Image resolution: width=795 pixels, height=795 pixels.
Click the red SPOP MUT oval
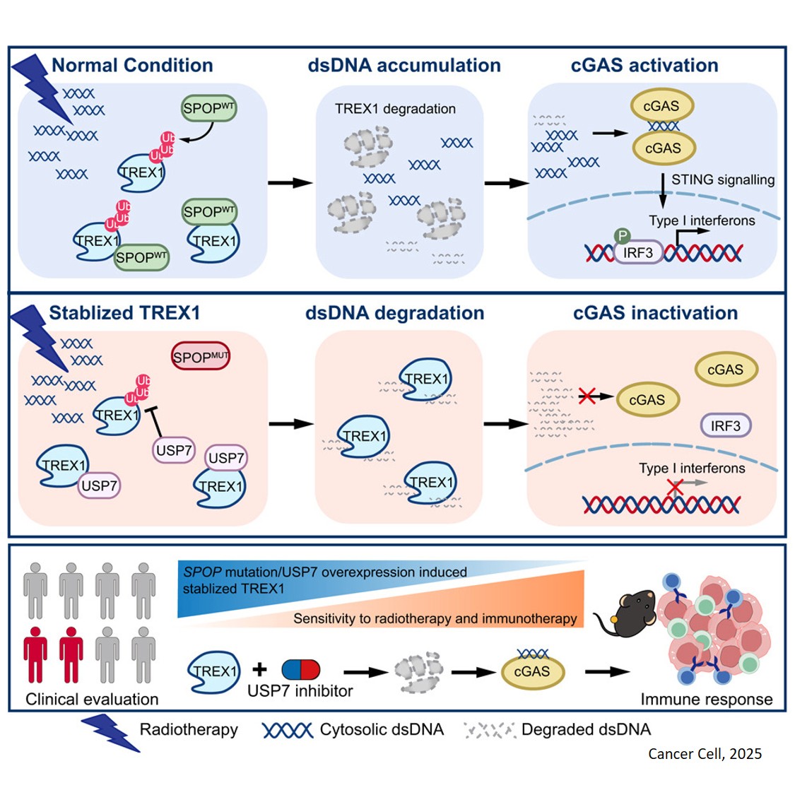pos(201,357)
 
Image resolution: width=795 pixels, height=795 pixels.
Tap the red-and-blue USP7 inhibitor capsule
pos(300,669)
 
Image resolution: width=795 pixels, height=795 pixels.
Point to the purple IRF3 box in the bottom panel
pos(725,425)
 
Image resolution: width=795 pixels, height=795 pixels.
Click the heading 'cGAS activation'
pos(644,66)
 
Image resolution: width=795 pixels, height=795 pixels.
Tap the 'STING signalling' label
pos(722,179)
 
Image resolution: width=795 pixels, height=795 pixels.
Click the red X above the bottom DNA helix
pos(675,486)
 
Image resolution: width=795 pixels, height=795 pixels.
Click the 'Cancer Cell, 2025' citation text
pos(705,753)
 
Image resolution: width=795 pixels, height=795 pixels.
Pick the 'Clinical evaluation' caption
pos(92,699)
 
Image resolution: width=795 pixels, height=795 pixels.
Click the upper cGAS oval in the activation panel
pos(661,106)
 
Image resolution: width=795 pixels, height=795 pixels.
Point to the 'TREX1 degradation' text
pos(395,109)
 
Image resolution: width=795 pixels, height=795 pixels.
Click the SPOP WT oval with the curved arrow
pos(208,109)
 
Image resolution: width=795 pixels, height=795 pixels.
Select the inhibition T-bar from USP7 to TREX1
pos(154,421)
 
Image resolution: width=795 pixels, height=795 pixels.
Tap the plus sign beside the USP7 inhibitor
pos(259,669)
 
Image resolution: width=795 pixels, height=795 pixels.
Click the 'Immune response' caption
pos(706,699)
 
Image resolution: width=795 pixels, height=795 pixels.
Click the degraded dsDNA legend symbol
pos(489,730)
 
